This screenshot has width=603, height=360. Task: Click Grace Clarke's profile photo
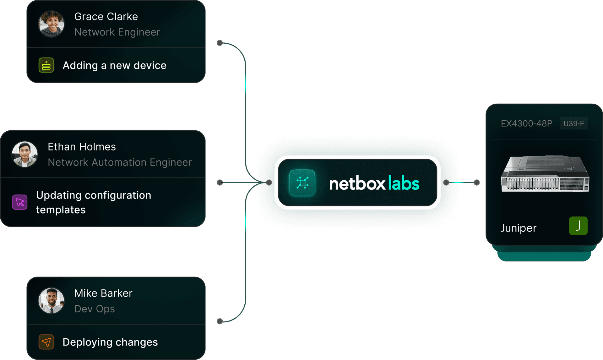51,24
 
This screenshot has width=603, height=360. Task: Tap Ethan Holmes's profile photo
25,154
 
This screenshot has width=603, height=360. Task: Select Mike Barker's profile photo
51,301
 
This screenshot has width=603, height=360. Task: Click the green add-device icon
46,65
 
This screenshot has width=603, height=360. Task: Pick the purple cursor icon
20,202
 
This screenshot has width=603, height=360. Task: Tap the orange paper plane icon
46,342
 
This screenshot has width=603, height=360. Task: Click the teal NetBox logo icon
302,183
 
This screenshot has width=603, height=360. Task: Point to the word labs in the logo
404,183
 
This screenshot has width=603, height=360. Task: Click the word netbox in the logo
357,184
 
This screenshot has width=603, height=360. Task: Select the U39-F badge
574,123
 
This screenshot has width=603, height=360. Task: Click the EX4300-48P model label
526,123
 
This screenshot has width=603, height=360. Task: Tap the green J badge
578,226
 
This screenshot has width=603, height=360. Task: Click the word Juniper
519,228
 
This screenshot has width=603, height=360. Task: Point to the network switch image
545,173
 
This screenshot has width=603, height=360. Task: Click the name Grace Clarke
106,16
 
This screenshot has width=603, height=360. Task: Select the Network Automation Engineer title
120,162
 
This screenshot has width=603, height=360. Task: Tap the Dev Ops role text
95,309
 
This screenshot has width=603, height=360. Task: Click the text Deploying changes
110,342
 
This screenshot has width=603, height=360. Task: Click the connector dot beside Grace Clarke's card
220,43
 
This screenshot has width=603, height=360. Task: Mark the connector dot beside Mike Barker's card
220,321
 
